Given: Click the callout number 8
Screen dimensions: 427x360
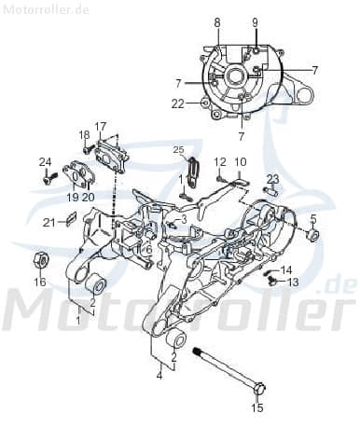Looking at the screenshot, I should click(x=217, y=21).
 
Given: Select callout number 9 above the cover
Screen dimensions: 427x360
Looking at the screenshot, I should click(x=255, y=21).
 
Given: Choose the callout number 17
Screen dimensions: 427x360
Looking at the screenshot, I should click(x=101, y=127).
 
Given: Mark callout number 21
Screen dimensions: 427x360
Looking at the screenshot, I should click(x=47, y=221).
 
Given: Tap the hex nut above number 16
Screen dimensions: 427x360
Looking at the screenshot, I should click(x=40, y=255).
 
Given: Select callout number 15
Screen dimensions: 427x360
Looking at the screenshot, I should click(x=258, y=406).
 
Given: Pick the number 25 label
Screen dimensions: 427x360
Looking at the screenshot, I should click(x=178, y=150).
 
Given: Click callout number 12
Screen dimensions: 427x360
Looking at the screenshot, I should click(x=220, y=161).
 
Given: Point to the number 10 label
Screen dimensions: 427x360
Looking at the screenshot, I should click(x=240, y=161).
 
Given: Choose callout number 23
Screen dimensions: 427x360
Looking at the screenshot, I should click(x=272, y=178).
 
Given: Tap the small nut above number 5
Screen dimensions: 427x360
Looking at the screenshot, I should click(x=312, y=235).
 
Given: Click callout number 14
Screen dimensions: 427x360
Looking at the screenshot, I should click(x=286, y=269).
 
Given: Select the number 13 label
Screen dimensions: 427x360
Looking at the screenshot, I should click(x=292, y=282).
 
